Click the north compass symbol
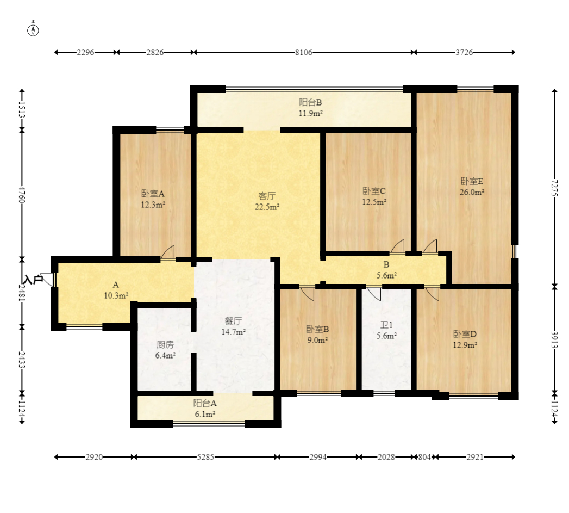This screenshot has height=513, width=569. coord(33,30)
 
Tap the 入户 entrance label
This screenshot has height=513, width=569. coord(33,280)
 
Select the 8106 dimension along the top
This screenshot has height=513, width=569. coord(303,52)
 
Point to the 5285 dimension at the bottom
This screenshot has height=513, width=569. coord(205,457)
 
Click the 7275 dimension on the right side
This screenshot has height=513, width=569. coord(554,187)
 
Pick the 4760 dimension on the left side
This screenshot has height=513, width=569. coord(22,195)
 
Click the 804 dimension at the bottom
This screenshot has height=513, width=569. coord(424,457)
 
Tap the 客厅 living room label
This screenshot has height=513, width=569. coord(267,196)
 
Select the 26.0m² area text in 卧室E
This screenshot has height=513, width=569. coord(472,192)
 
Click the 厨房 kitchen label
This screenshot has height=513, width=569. coord(165,344)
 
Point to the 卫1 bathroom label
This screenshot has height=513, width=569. coord(386,325)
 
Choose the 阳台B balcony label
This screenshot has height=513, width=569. coord(310,102)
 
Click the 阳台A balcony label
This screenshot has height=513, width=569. coord(205,403)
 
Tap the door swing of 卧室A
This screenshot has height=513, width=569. coord(168,252)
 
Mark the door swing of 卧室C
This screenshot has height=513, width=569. coord(397,246)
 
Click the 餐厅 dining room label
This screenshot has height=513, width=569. coord(233,321)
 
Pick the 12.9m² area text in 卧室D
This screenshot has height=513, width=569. coord(465,345)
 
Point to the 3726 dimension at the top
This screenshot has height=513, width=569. coord(464,52)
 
